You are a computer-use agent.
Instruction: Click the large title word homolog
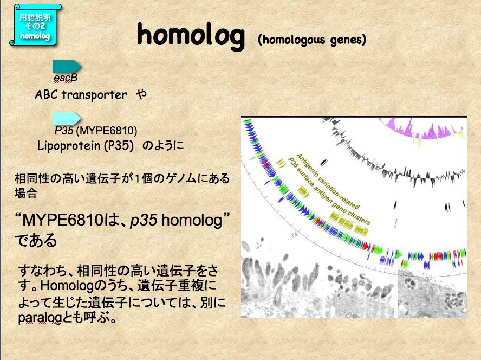tap(191, 36)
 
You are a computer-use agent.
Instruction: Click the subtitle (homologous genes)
tap(312, 40)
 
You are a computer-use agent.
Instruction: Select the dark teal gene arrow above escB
tap(67, 67)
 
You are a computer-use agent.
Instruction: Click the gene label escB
tap(66, 78)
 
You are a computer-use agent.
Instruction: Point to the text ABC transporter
tap(81, 94)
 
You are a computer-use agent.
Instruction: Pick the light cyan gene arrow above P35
tap(67, 119)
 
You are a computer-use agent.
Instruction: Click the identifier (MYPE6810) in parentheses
tap(107, 131)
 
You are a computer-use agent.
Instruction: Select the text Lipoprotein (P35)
tap(86, 145)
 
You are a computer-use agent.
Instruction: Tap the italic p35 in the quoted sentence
tap(144, 220)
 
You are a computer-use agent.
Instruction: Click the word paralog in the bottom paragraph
tap(40, 318)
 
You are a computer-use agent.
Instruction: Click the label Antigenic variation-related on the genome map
tap(328, 181)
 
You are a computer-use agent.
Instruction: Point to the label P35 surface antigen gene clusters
tap(329, 191)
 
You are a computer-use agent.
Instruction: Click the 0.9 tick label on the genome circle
tap(295, 235)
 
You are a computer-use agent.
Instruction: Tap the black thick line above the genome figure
tap(354, 117)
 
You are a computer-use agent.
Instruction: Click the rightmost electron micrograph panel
tap(432, 294)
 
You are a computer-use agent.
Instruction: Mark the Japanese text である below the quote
tap(36, 241)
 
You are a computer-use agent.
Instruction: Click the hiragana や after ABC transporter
tap(141, 94)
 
